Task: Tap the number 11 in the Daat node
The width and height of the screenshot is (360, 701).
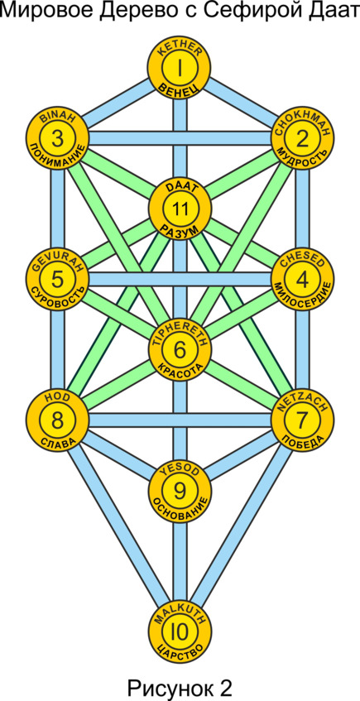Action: coord(180,209)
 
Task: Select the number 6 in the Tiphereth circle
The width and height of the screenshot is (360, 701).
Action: coord(180,349)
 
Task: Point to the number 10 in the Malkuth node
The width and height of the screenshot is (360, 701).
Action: coord(180,631)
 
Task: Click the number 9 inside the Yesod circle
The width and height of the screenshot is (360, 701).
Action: coord(180,491)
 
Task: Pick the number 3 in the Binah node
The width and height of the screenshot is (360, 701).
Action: coord(57,138)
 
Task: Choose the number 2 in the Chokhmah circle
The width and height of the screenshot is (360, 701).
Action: coord(303,140)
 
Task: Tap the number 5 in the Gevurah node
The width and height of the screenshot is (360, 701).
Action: coord(57,280)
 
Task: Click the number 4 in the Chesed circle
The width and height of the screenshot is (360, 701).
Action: coord(303,280)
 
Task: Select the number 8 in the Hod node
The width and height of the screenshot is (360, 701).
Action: coord(57,420)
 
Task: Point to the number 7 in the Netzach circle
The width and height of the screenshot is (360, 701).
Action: coord(303,420)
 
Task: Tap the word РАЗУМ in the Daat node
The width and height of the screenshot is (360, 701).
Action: coord(180,230)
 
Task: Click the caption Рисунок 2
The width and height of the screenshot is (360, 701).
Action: coord(180,687)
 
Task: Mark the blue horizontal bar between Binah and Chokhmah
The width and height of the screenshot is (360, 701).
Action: coord(180,138)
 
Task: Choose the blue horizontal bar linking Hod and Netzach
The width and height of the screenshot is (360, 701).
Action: coord(180,420)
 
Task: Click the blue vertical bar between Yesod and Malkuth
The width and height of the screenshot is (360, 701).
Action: coord(180,561)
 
